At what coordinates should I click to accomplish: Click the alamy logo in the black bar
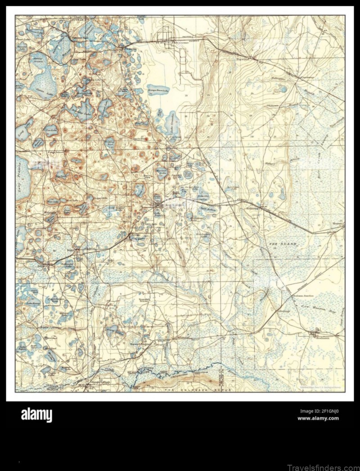coord(36,414)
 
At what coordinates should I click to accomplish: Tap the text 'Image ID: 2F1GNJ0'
coord(319,411)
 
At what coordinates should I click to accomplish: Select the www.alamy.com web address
coord(318,418)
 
